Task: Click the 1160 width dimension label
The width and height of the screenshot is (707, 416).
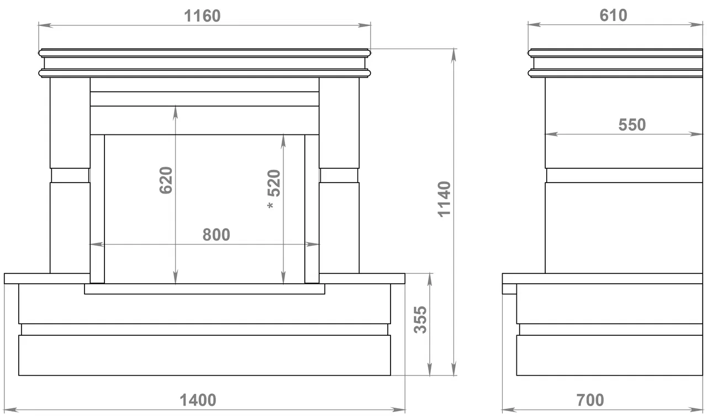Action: tap(202, 16)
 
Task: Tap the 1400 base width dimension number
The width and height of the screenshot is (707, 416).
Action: tap(198, 400)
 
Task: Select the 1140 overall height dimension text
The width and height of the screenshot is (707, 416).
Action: tap(445, 199)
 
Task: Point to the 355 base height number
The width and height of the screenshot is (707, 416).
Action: tap(420, 320)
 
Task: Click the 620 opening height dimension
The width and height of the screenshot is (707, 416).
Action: tap(166, 180)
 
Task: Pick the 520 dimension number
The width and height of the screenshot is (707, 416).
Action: tap(274, 183)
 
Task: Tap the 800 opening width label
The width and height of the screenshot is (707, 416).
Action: tap(216, 235)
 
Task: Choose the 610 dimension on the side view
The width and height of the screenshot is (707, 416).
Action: tap(613, 15)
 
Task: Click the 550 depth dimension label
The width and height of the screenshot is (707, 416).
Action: tap(632, 125)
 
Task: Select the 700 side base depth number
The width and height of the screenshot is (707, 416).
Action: tap(590, 400)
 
